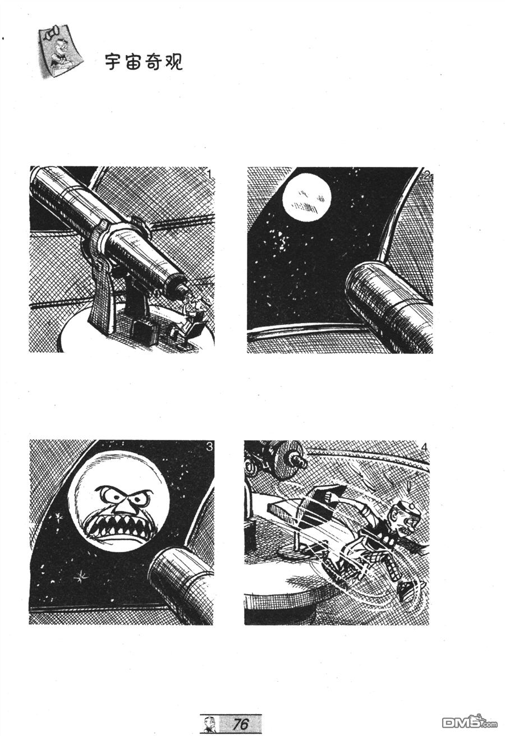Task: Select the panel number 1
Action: tap(209, 174)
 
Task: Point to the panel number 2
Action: tap(426, 176)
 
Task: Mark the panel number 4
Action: tap(424, 447)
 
